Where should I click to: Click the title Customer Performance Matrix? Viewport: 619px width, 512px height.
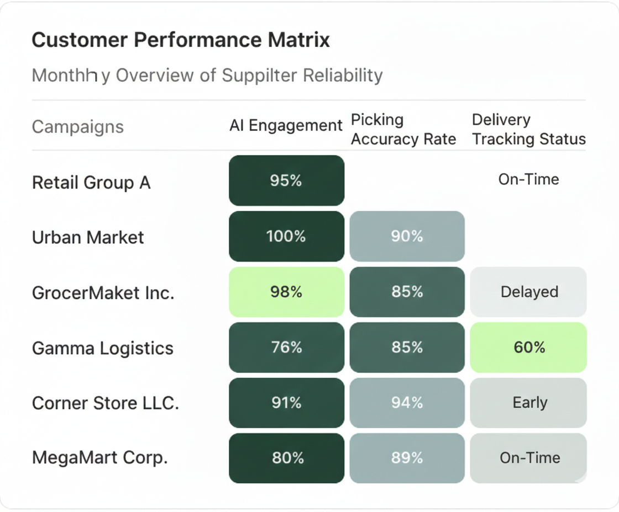point(181,40)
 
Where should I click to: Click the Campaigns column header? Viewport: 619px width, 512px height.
point(78,127)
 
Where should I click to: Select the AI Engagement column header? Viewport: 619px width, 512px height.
point(286,126)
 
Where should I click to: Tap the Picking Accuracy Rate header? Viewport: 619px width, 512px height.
point(403,130)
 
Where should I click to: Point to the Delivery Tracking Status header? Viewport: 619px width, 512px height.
point(528,130)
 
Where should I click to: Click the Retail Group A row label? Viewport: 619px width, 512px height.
point(91,183)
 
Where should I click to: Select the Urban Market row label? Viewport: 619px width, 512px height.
point(88,238)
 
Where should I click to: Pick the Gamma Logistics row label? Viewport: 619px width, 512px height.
point(103,348)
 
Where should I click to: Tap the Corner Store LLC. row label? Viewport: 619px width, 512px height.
point(106,403)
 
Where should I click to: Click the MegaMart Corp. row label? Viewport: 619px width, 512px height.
point(100,458)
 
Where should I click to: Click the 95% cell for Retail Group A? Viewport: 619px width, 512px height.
point(286,180)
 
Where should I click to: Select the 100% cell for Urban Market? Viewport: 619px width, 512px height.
point(286,236)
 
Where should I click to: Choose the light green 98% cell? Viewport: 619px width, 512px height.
point(286,292)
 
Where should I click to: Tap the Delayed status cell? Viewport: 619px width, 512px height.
point(528,292)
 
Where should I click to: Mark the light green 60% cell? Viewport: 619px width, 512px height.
point(528,348)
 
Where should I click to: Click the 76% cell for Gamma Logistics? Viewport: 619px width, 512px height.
point(286,348)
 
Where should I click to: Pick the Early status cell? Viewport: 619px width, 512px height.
point(528,403)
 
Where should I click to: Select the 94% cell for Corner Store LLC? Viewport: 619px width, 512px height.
point(407,403)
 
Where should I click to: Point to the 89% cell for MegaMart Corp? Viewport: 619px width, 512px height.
point(407,458)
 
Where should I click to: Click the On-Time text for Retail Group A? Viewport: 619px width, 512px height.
point(528,179)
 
